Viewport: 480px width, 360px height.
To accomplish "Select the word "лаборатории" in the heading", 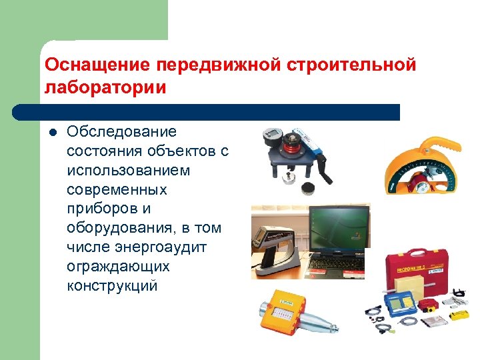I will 105,87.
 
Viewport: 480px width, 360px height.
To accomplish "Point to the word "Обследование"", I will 121,132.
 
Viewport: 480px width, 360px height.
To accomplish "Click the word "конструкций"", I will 112,286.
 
